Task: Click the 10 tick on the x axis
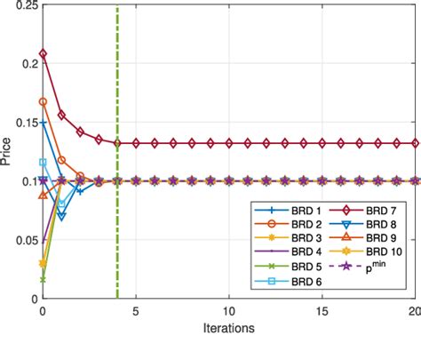229,313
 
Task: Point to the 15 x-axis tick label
322,313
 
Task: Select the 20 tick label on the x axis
414,313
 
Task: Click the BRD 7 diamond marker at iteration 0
43,54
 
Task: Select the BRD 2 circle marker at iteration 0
43,102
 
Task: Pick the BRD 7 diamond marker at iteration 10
229,143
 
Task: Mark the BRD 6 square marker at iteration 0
43,163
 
